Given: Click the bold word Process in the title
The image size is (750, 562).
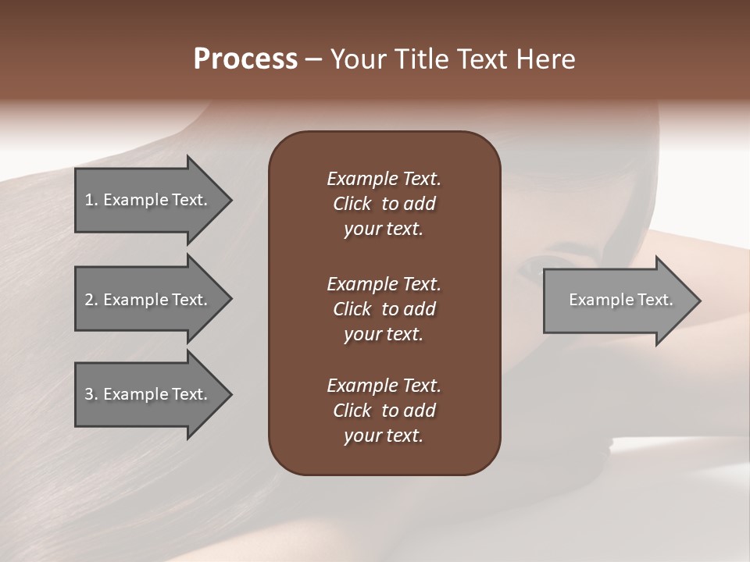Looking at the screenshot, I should (x=245, y=59).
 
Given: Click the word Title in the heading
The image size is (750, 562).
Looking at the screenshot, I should (x=420, y=59).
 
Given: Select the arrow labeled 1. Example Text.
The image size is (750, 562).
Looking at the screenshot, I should (x=146, y=200).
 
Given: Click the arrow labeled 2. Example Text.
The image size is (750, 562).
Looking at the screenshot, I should (x=146, y=300).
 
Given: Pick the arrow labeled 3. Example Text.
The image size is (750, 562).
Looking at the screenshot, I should (x=146, y=394).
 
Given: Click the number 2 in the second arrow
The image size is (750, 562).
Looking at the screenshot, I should (x=89, y=300).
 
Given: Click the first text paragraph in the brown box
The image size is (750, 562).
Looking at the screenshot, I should (x=384, y=204).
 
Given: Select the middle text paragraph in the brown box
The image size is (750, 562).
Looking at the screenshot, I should (x=384, y=309).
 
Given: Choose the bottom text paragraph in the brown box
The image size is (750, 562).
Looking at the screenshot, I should (x=384, y=411).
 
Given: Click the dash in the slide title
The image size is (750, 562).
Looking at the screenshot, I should (x=313, y=59).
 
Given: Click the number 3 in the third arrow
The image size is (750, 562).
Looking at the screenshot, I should (x=89, y=394).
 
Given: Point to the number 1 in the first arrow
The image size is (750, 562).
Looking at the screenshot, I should (x=89, y=200).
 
